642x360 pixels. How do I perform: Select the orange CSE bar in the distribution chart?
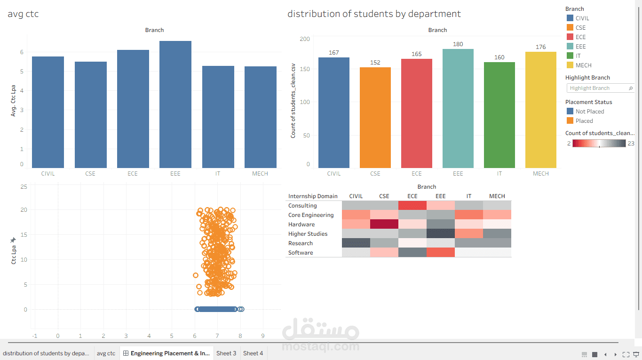pos(375,118)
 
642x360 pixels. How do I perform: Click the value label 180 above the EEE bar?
pos(458,44)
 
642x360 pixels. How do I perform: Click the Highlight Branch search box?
pos(597,88)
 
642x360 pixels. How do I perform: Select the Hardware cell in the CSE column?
pos(384,224)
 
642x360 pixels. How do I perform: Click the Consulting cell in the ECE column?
pos(412,206)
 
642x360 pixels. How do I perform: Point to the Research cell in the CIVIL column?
pos(356,243)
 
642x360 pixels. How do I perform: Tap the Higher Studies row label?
pos(308,234)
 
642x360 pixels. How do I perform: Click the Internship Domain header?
pos(313,196)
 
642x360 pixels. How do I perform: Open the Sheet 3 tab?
pos(226,353)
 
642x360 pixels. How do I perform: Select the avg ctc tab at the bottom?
pos(106,353)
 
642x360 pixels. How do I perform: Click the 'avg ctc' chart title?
pos(23,14)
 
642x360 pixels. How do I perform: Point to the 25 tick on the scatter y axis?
pos(24,187)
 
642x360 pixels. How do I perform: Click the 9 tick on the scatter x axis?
pos(263,336)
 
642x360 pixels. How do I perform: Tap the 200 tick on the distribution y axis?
pos(305,39)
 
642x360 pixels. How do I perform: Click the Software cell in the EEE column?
pos(441,253)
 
